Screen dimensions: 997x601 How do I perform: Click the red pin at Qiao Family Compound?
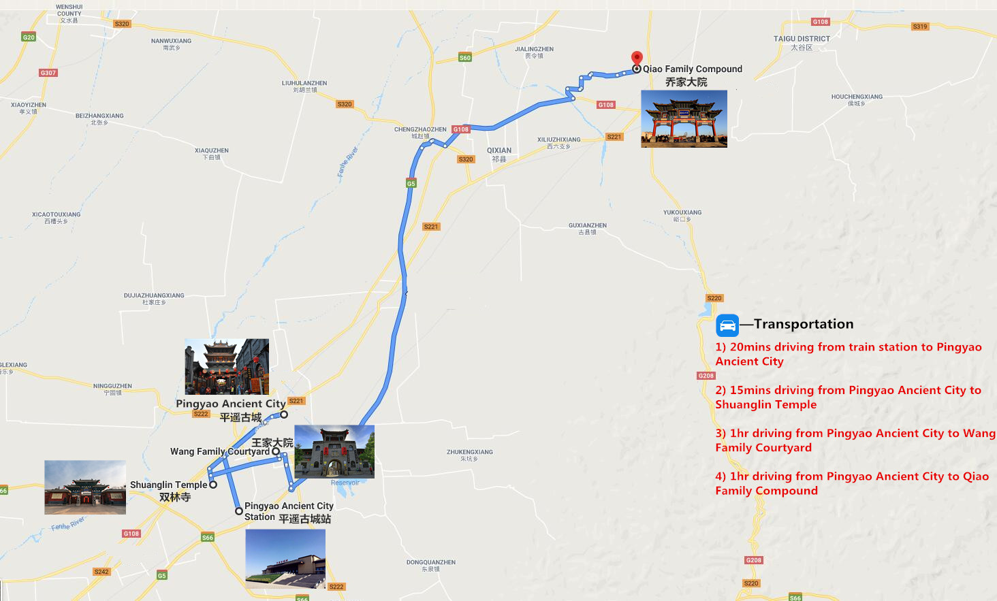pyautogui.click(x=637, y=59)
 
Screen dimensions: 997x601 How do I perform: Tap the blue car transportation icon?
pyautogui.click(x=727, y=325)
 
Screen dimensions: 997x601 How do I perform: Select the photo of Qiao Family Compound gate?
pyautogui.click(x=684, y=119)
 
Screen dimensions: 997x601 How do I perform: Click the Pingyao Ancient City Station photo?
pyautogui.click(x=285, y=559)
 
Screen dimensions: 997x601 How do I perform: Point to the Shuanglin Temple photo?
pyautogui.click(x=85, y=487)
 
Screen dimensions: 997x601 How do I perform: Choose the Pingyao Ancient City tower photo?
pyautogui.click(x=227, y=367)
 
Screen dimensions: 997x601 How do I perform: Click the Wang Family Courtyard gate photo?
pyautogui.click(x=334, y=452)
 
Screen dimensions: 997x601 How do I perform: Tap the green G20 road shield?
pyautogui.click(x=29, y=37)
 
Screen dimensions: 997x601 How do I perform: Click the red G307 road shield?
pyautogui.click(x=48, y=73)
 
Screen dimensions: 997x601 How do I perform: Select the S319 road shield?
pyautogui.click(x=920, y=27)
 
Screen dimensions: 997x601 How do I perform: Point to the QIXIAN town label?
pyautogui.click(x=499, y=151)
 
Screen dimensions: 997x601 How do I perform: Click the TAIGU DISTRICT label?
pyautogui.click(x=802, y=39)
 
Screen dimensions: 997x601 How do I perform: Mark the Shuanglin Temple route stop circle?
pyautogui.click(x=213, y=485)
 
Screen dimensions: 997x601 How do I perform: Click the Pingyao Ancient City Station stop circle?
pyautogui.click(x=238, y=511)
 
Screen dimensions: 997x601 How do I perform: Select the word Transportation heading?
pyautogui.click(x=804, y=324)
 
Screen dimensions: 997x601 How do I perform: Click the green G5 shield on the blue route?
pyautogui.click(x=411, y=184)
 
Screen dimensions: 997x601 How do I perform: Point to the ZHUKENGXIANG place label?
pyautogui.click(x=470, y=452)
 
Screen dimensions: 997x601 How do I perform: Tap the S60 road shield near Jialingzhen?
pyautogui.click(x=465, y=58)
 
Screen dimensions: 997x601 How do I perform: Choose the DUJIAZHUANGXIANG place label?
pyautogui.click(x=154, y=295)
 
